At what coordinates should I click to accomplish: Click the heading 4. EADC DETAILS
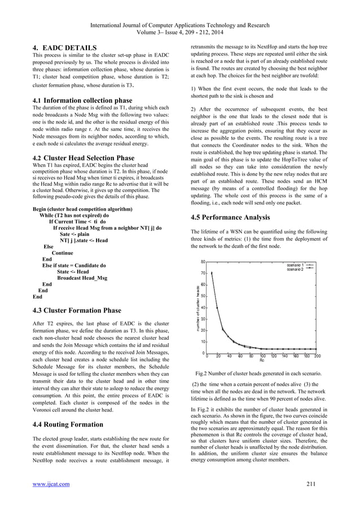coord(65,47)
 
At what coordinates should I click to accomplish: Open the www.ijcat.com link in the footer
coord(51,484)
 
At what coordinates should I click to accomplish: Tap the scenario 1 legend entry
coord(295,264)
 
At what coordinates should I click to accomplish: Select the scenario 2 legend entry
coord(295,269)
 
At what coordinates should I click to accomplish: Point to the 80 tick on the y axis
coord(202,261)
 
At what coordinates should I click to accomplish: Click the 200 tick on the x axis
coord(317,357)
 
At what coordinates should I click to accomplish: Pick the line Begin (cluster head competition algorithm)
coord(83,209)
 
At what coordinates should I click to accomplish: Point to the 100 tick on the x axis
coord(262,357)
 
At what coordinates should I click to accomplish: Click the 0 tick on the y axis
coord(203,353)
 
